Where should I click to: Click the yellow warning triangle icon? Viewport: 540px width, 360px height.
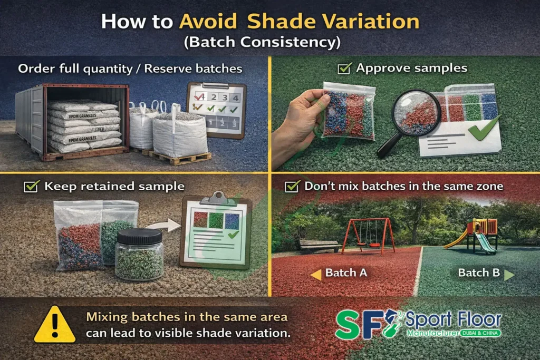click(55, 325)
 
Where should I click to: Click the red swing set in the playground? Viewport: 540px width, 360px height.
click(368, 235)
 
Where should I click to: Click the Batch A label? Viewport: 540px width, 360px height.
click(346, 273)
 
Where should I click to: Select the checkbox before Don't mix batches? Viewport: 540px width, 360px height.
click(292, 187)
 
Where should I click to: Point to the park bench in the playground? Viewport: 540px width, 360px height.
click(319, 245)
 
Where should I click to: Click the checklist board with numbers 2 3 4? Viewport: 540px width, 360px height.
click(216, 110)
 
